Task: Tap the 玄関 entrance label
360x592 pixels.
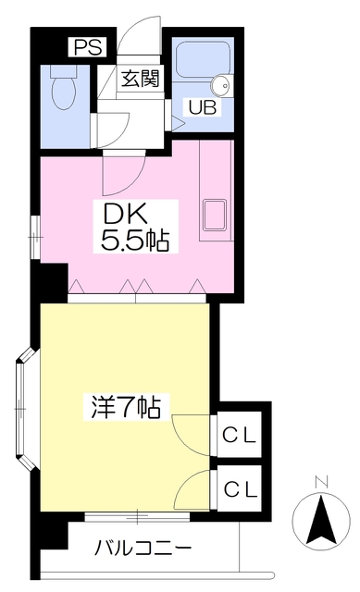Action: click(x=139, y=79)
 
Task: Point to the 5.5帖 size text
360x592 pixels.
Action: click(x=134, y=242)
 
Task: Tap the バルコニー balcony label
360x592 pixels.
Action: click(x=143, y=547)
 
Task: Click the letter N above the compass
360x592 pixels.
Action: click(x=320, y=481)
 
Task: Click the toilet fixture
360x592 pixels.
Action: click(x=65, y=90)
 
